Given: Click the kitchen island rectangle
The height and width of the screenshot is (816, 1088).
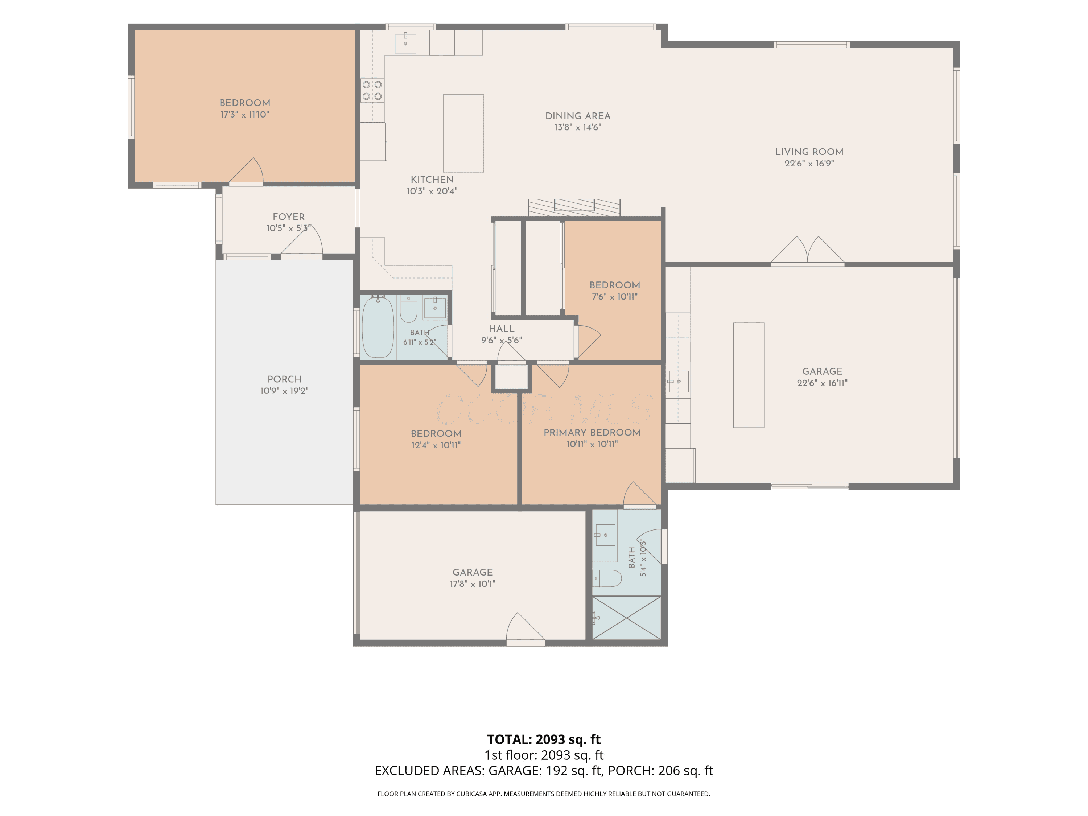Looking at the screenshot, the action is [463, 133].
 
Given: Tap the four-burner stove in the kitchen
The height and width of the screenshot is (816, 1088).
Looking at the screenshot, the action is [372, 91].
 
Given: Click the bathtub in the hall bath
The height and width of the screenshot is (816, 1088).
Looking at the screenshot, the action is [378, 327].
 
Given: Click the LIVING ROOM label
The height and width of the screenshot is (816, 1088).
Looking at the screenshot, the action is [809, 152].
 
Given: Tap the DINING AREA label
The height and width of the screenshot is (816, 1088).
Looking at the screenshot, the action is [578, 116].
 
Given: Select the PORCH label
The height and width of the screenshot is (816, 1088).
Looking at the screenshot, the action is [284, 379].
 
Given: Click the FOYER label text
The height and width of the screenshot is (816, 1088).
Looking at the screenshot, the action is [289, 217].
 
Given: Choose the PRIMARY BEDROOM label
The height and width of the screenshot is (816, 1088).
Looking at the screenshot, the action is [592, 432].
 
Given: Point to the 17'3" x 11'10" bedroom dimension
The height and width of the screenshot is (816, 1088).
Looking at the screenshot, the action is [245, 115].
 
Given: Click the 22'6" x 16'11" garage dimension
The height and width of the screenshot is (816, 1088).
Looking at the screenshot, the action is [823, 383].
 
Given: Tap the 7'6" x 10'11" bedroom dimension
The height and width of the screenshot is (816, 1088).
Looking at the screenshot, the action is [615, 297].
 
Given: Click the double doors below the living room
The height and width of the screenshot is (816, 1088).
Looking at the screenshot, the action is [808, 251].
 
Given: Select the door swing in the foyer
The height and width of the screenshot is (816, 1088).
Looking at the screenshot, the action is [301, 241].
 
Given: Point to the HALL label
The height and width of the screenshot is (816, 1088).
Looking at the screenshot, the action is [502, 329].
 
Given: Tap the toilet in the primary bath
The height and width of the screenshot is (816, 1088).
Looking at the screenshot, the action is [607, 578].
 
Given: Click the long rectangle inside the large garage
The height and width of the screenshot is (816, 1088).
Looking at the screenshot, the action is [749, 375].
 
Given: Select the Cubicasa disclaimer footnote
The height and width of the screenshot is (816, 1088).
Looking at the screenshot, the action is [544, 794].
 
